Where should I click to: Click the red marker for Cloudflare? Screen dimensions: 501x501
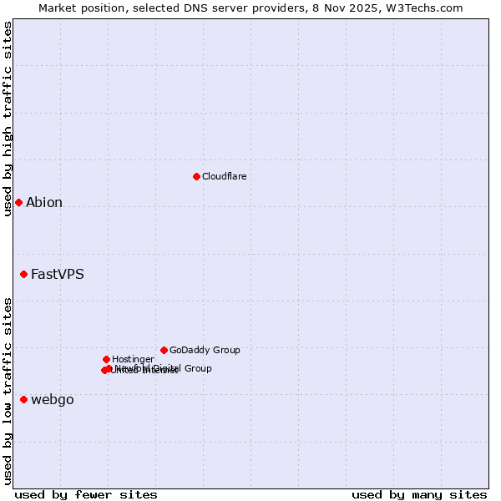(x=196, y=176)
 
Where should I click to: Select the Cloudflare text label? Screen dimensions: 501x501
(x=224, y=176)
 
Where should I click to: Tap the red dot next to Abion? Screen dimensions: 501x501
(x=18, y=202)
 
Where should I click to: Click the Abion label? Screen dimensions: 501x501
(x=44, y=202)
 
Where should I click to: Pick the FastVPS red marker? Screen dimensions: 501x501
(x=23, y=274)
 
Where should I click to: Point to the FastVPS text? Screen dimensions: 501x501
(x=57, y=274)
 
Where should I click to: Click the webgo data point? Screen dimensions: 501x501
(x=23, y=399)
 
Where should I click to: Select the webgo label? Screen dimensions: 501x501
(x=52, y=399)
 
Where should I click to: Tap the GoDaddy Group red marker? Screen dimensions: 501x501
(x=164, y=350)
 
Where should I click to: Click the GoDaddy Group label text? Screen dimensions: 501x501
(x=205, y=350)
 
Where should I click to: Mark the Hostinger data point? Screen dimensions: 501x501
(x=106, y=359)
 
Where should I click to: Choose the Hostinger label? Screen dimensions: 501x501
(x=133, y=359)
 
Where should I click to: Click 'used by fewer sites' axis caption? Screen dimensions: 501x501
(x=86, y=494)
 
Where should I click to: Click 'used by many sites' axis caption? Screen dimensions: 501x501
(x=419, y=494)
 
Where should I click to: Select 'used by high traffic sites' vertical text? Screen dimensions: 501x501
(x=8, y=119)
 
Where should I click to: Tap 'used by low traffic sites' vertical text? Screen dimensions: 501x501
(x=8, y=390)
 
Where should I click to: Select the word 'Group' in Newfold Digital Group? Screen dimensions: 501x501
(x=197, y=368)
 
